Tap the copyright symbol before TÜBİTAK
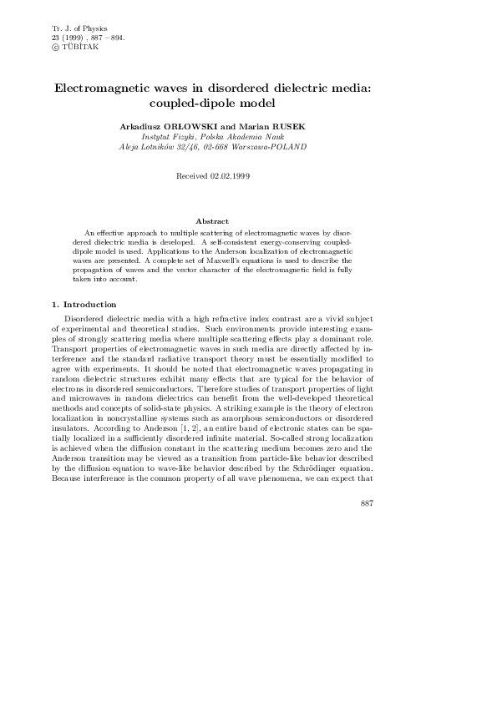pyautogui.click(x=55, y=47)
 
